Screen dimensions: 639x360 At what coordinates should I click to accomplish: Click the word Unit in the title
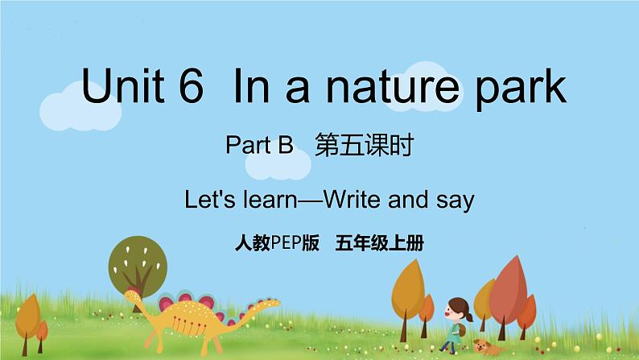click(122, 85)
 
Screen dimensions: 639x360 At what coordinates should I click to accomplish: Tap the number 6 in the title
click(191, 85)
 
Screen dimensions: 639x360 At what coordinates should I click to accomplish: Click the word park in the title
click(521, 89)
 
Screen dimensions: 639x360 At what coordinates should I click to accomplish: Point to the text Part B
click(259, 145)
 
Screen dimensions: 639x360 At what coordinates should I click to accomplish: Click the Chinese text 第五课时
click(365, 145)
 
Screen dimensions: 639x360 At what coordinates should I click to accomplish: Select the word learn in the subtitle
click(270, 200)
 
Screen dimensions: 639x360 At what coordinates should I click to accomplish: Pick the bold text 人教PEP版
click(277, 243)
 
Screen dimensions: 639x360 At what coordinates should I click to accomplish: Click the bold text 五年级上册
click(379, 243)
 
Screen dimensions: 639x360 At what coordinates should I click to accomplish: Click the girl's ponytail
click(468, 315)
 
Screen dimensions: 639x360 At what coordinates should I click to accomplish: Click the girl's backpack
click(461, 329)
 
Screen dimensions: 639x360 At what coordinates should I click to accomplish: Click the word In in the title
click(251, 85)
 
